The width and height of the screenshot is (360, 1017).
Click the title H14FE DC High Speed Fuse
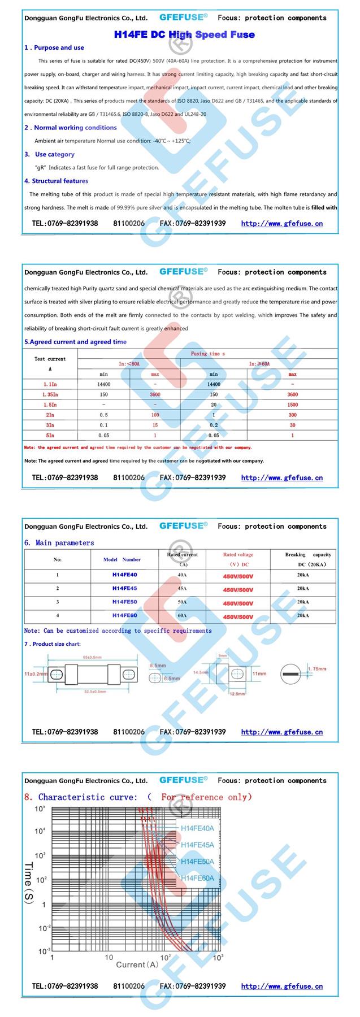[x=184, y=34]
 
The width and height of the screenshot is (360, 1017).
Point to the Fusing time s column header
[x=207, y=354]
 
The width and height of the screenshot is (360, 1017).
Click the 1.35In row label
[x=50, y=394]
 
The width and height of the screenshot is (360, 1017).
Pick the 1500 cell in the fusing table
[x=292, y=405]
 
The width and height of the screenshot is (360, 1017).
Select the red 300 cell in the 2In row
[x=292, y=415]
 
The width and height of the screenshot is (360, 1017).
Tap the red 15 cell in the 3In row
[x=155, y=425]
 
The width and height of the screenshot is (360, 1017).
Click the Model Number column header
[x=122, y=559]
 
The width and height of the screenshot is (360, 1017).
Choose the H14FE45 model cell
[x=124, y=588]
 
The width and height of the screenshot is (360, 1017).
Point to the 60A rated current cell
[x=182, y=615]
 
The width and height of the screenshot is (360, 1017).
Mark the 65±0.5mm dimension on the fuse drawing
[x=92, y=657]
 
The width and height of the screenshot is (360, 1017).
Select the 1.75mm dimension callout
[x=317, y=669]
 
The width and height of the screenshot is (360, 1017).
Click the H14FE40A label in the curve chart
[x=197, y=828]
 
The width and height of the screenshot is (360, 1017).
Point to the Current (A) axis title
[x=137, y=964]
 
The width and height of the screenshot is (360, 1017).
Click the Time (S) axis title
[x=28, y=882]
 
